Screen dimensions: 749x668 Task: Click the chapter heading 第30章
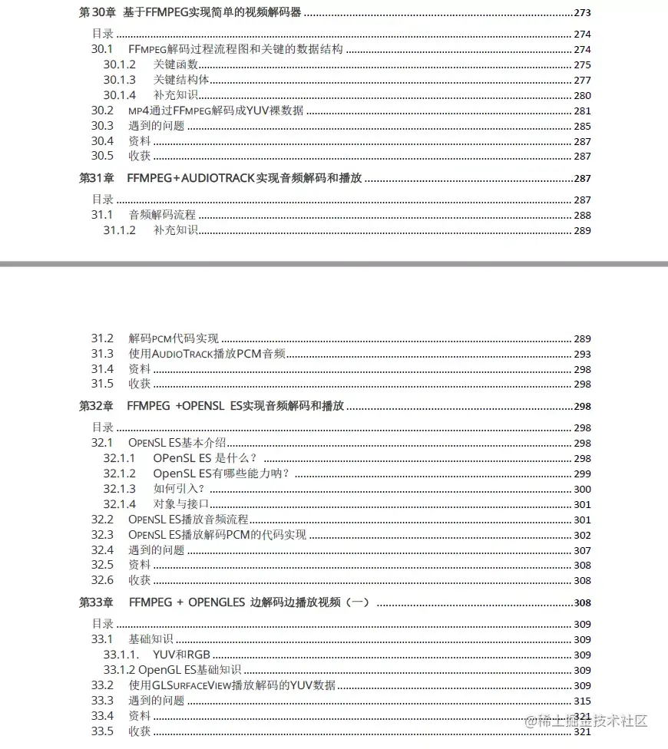pyautogui.click(x=98, y=12)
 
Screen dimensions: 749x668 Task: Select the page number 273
pyautogui.click(x=582, y=12)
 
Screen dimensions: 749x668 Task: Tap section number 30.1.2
pyautogui.click(x=119, y=64)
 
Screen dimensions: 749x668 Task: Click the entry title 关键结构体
pyautogui.click(x=181, y=80)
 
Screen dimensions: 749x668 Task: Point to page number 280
pyautogui.click(x=582, y=95)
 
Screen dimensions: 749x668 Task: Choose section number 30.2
pyautogui.click(x=102, y=111)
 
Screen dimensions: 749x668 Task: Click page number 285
pyautogui.click(x=582, y=126)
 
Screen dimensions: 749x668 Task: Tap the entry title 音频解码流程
pyautogui.click(x=162, y=215)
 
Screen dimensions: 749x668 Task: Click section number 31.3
pyautogui.click(x=102, y=354)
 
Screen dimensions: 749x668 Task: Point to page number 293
pyautogui.click(x=582, y=354)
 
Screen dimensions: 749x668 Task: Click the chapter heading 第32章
pyautogui.click(x=97, y=406)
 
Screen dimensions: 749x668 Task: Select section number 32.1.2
pyautogui.click(x=119, y=473)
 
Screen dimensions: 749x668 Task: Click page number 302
pyautogui.click(x=582, y=535)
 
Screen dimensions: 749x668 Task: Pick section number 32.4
pyautogui.click(x=102, y=549)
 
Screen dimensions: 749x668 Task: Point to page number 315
pyautogui.click(x=582, y=700)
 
